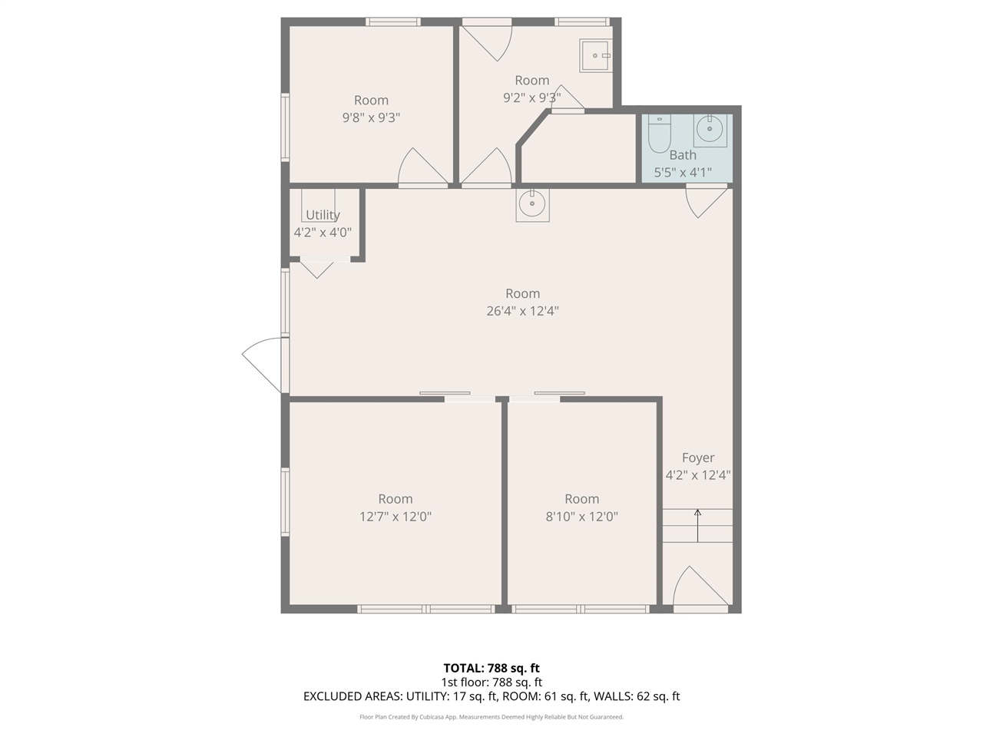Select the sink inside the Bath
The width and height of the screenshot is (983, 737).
tap(710, 129)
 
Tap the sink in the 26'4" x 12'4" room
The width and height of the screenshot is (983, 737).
tap(532, 204)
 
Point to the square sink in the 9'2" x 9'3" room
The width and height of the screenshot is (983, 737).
tap(596, 55)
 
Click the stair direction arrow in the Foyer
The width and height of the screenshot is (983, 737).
tap(697, 525)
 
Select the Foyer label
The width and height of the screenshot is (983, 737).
tap(697, 458)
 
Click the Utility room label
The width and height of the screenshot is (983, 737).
tap(323, 215)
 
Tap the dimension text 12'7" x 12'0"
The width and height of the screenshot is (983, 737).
tap(396, 517)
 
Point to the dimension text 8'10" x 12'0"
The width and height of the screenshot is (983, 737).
tap(581, 517)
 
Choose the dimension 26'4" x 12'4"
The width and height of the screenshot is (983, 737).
tap(522, 311)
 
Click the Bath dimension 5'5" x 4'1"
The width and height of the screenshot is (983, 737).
tap(683, 173)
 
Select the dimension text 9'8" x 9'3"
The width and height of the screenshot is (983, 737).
tap(371, 117)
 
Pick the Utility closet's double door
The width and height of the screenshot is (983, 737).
tap(317, 266)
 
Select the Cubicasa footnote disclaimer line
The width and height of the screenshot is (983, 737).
tap(491, 717)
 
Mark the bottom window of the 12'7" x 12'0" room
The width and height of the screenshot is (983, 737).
tap(426, 609)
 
